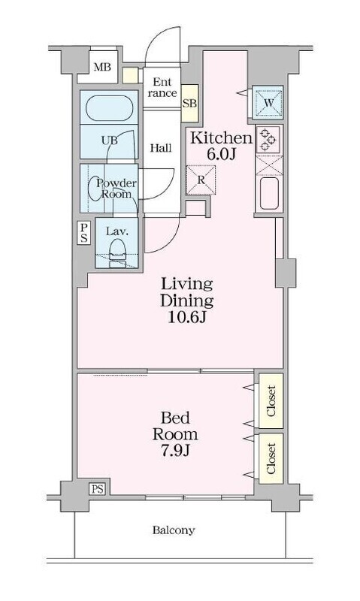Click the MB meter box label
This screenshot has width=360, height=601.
(x=102, y=68)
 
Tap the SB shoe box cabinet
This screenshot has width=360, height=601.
(x=189, y=104)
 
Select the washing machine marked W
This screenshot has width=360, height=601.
(x=268, y=103)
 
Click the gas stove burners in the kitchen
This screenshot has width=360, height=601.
(x=268, y=140)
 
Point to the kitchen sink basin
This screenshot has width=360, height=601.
(x=269, y=193)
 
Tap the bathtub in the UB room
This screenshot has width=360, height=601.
(x=109, y=107)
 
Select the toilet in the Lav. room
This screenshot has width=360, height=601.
(x=117, y=253)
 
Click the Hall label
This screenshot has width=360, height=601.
(x=161, y=148)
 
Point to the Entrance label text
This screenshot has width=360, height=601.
(x=162, y=87)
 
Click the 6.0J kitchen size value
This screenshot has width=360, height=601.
(x=220, y=154)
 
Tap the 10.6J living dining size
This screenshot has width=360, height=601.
(x=187, y=317)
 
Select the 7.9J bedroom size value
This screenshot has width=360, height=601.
(x=175, y=450)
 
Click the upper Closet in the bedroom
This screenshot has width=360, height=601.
(x=271, y=400)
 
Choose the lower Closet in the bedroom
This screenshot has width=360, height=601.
(x=271, y=458)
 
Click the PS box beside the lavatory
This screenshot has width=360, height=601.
(x=83, y=233)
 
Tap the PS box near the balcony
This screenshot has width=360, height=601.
(x=98, y=489)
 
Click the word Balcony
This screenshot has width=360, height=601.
(x=174, y=530)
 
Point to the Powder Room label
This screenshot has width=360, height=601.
(x=116, y=189)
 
